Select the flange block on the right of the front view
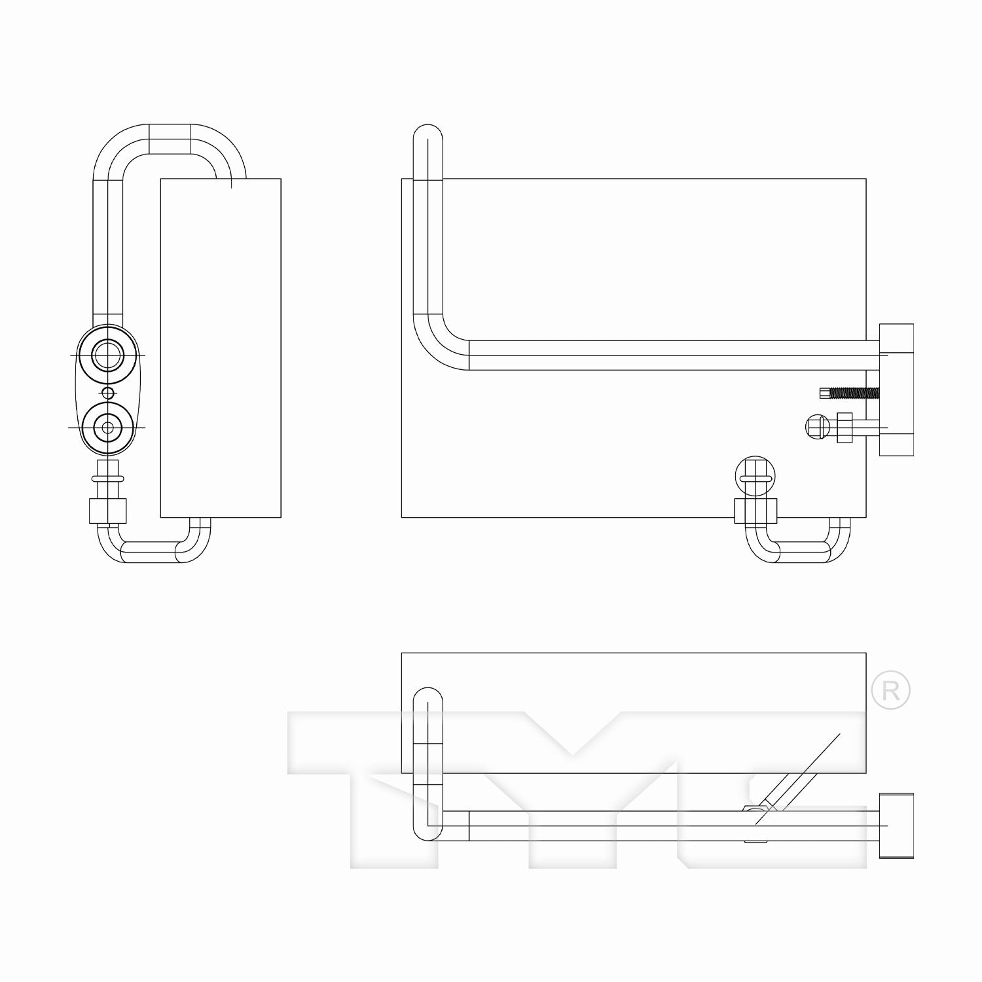click(x=896, y=390)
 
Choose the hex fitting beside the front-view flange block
click(x=844, y=427)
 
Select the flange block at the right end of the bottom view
click(x=896, y=825)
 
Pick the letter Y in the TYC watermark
click(x=576, y=786)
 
